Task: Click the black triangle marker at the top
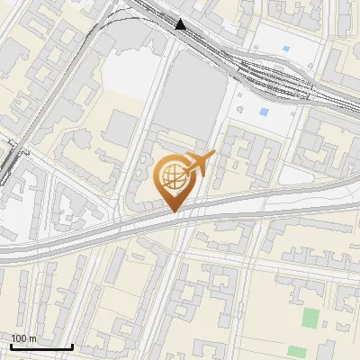click(182, 24)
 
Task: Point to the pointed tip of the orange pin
click(175, 211)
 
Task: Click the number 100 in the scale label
click(19, 338)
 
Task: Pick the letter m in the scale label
click(32, 338)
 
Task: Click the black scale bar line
click(40, 346)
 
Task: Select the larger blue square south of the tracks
click(263, 112)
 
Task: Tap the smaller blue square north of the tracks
click(285, 48)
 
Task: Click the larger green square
click(310, 318)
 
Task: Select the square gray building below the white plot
click(121, 129)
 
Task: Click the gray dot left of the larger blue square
click(241, 106)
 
